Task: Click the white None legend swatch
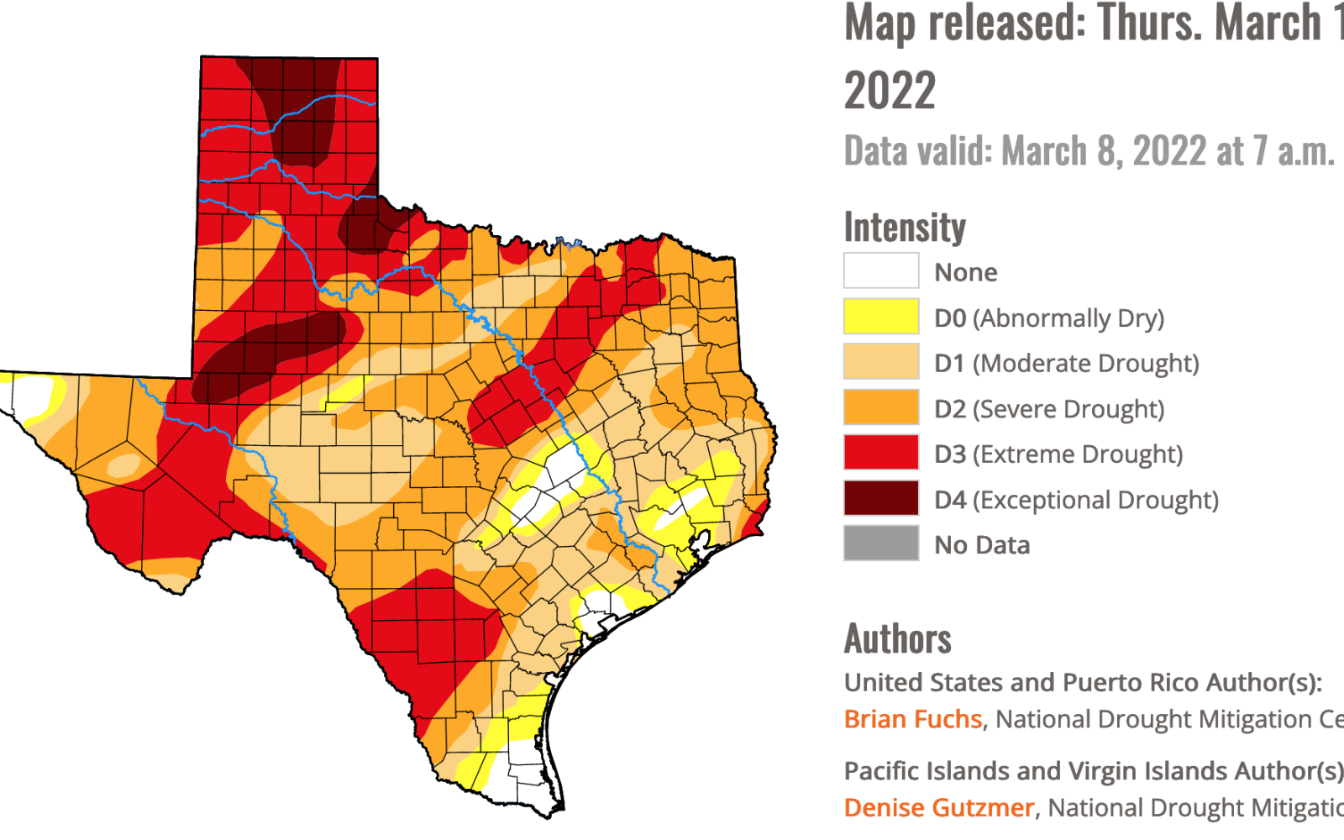[x=880, y=271]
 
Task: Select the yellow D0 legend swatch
[x=880, y=317]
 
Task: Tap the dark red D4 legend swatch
[x=880, y=499]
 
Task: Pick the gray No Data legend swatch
[x=880, y=544]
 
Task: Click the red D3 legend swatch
[x=880, y=454]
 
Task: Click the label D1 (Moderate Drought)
[x=1066, y=363]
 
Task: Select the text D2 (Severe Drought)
[x=1049, y=409]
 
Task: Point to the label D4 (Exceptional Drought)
[x=1076, y=500]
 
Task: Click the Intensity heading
[x=905, y=227]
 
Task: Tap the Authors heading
[x=897, y=638]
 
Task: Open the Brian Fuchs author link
[x=912, y=719]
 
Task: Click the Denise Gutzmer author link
[x=938, y=807]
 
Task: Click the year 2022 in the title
[x=890, y=91]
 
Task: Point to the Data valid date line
[x=1089, y=151]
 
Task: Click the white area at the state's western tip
[x=32, y=395]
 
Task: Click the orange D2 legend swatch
[x=880, y=408]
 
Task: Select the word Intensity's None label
[x=965, y=272]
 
